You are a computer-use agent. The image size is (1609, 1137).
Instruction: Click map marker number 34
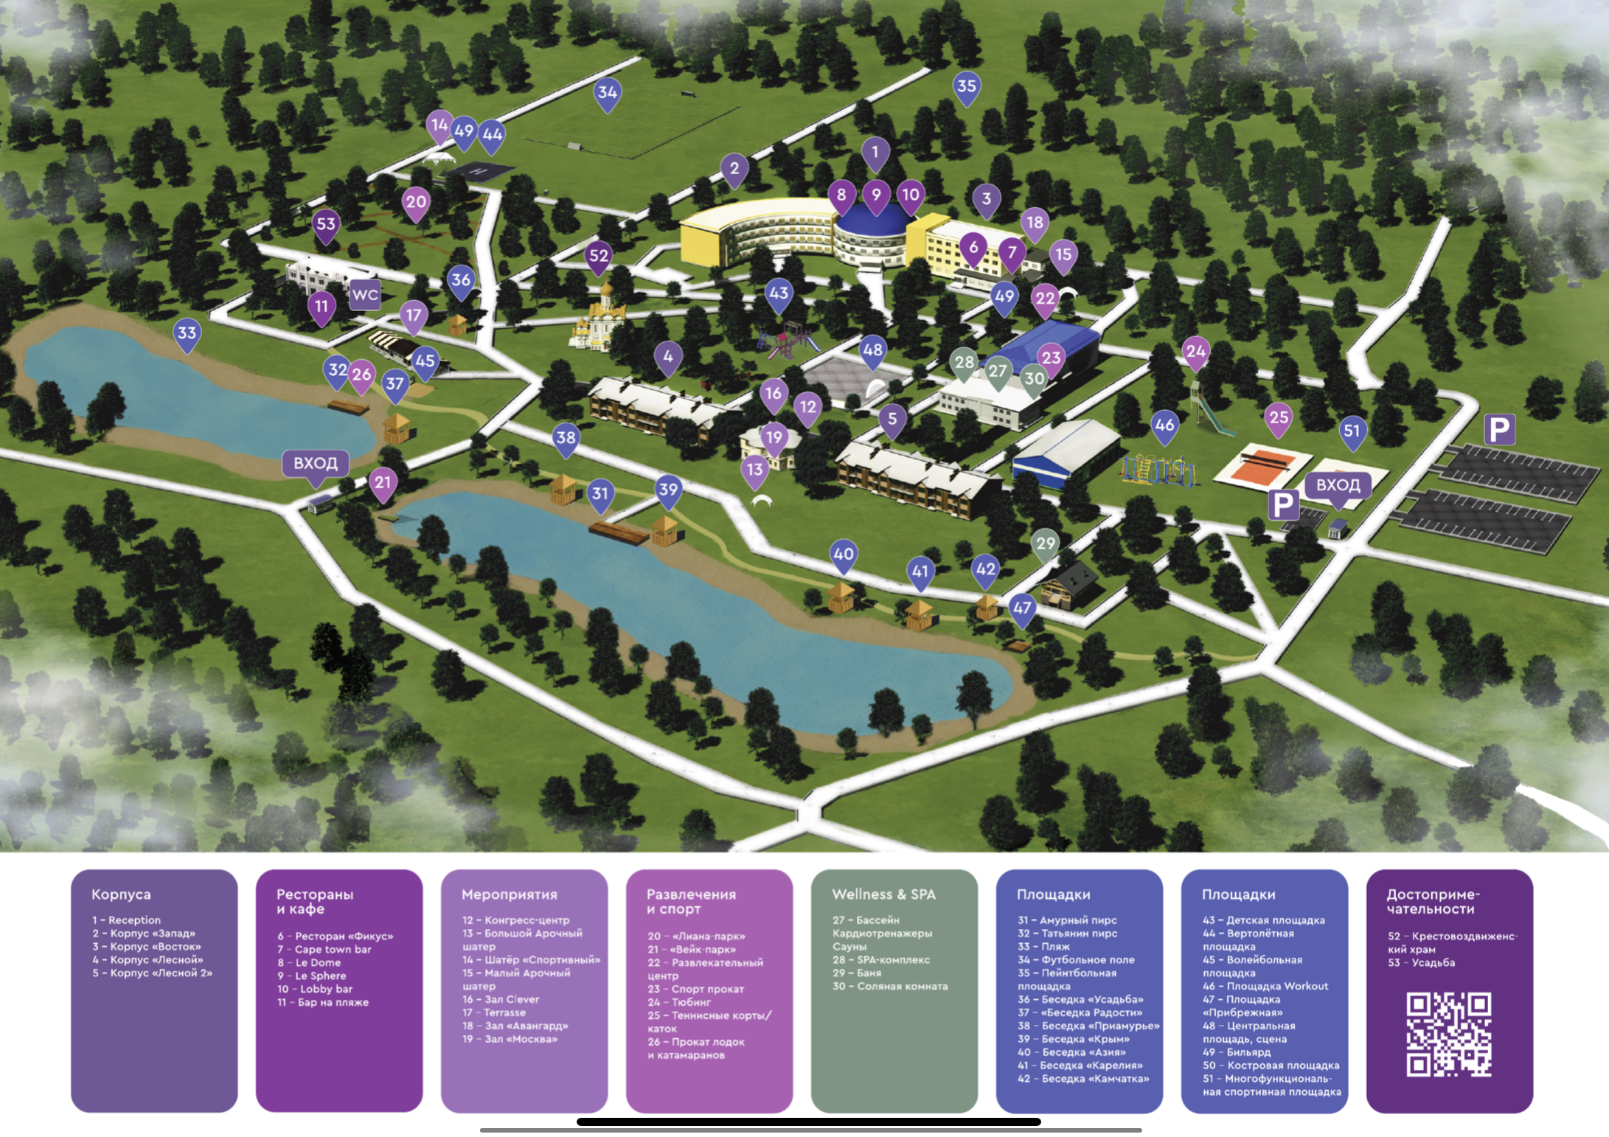click(607, 94)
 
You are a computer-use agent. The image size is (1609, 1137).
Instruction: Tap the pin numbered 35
click(966, 88)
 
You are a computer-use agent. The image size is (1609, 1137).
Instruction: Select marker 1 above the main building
click(875, 154)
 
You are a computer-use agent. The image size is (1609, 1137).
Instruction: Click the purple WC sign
click(364, 294)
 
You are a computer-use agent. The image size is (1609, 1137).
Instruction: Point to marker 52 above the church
click(599, 258)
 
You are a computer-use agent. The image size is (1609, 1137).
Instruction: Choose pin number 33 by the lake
click(187, 335)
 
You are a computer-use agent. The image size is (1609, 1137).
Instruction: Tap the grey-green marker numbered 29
click(1045, 546)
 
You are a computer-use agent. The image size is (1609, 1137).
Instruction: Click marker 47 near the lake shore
click(1022, 610)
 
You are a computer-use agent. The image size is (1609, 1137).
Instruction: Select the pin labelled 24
click(1196, 353)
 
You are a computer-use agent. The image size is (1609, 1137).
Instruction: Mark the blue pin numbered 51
click(1352, 432)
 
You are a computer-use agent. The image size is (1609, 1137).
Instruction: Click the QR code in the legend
click(1449, 1034)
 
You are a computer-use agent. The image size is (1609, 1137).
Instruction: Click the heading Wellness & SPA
click(883, 894)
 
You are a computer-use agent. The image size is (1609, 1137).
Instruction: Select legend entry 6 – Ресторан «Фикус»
click(335, 936)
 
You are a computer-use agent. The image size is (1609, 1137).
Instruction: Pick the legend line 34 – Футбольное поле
click(1076, 960)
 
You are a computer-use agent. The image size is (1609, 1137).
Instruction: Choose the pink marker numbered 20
click(416, 204)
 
